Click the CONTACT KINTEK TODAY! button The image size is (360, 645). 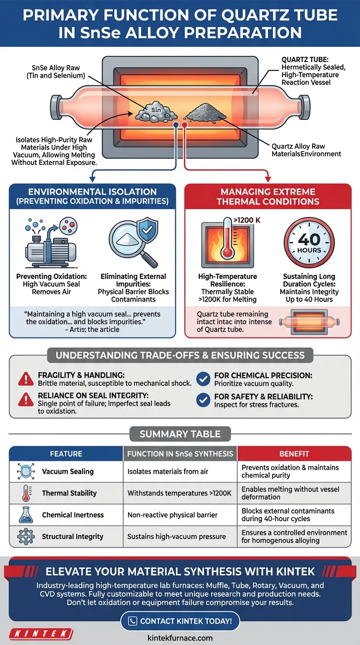click(x=180, y=621)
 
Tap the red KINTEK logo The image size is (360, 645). click(x=41, y=633)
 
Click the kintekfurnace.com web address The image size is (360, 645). click(x=180, y=638)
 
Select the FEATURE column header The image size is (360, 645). click(x=66, y=454)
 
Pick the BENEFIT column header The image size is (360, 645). click(x=294, y=454)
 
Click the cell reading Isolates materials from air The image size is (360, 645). click(x=168, y=472)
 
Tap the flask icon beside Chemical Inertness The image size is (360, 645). click(x=26, y=515)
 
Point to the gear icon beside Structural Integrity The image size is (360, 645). click(x=26, y=536)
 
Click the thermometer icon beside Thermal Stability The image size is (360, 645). click(x=27, y=493)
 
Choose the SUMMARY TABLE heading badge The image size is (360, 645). click(x=180, y=434)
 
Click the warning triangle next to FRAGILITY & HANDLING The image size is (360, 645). click(x=26, y=379)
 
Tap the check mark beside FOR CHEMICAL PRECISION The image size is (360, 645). click(x=203, y=379)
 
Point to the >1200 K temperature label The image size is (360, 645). click(x=247, y=220)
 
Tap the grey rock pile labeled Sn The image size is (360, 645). click(x=156, y=112)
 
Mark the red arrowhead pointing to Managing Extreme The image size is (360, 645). click(x=268, y=179)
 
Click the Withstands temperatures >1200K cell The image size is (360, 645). click(x=180, y=493)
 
